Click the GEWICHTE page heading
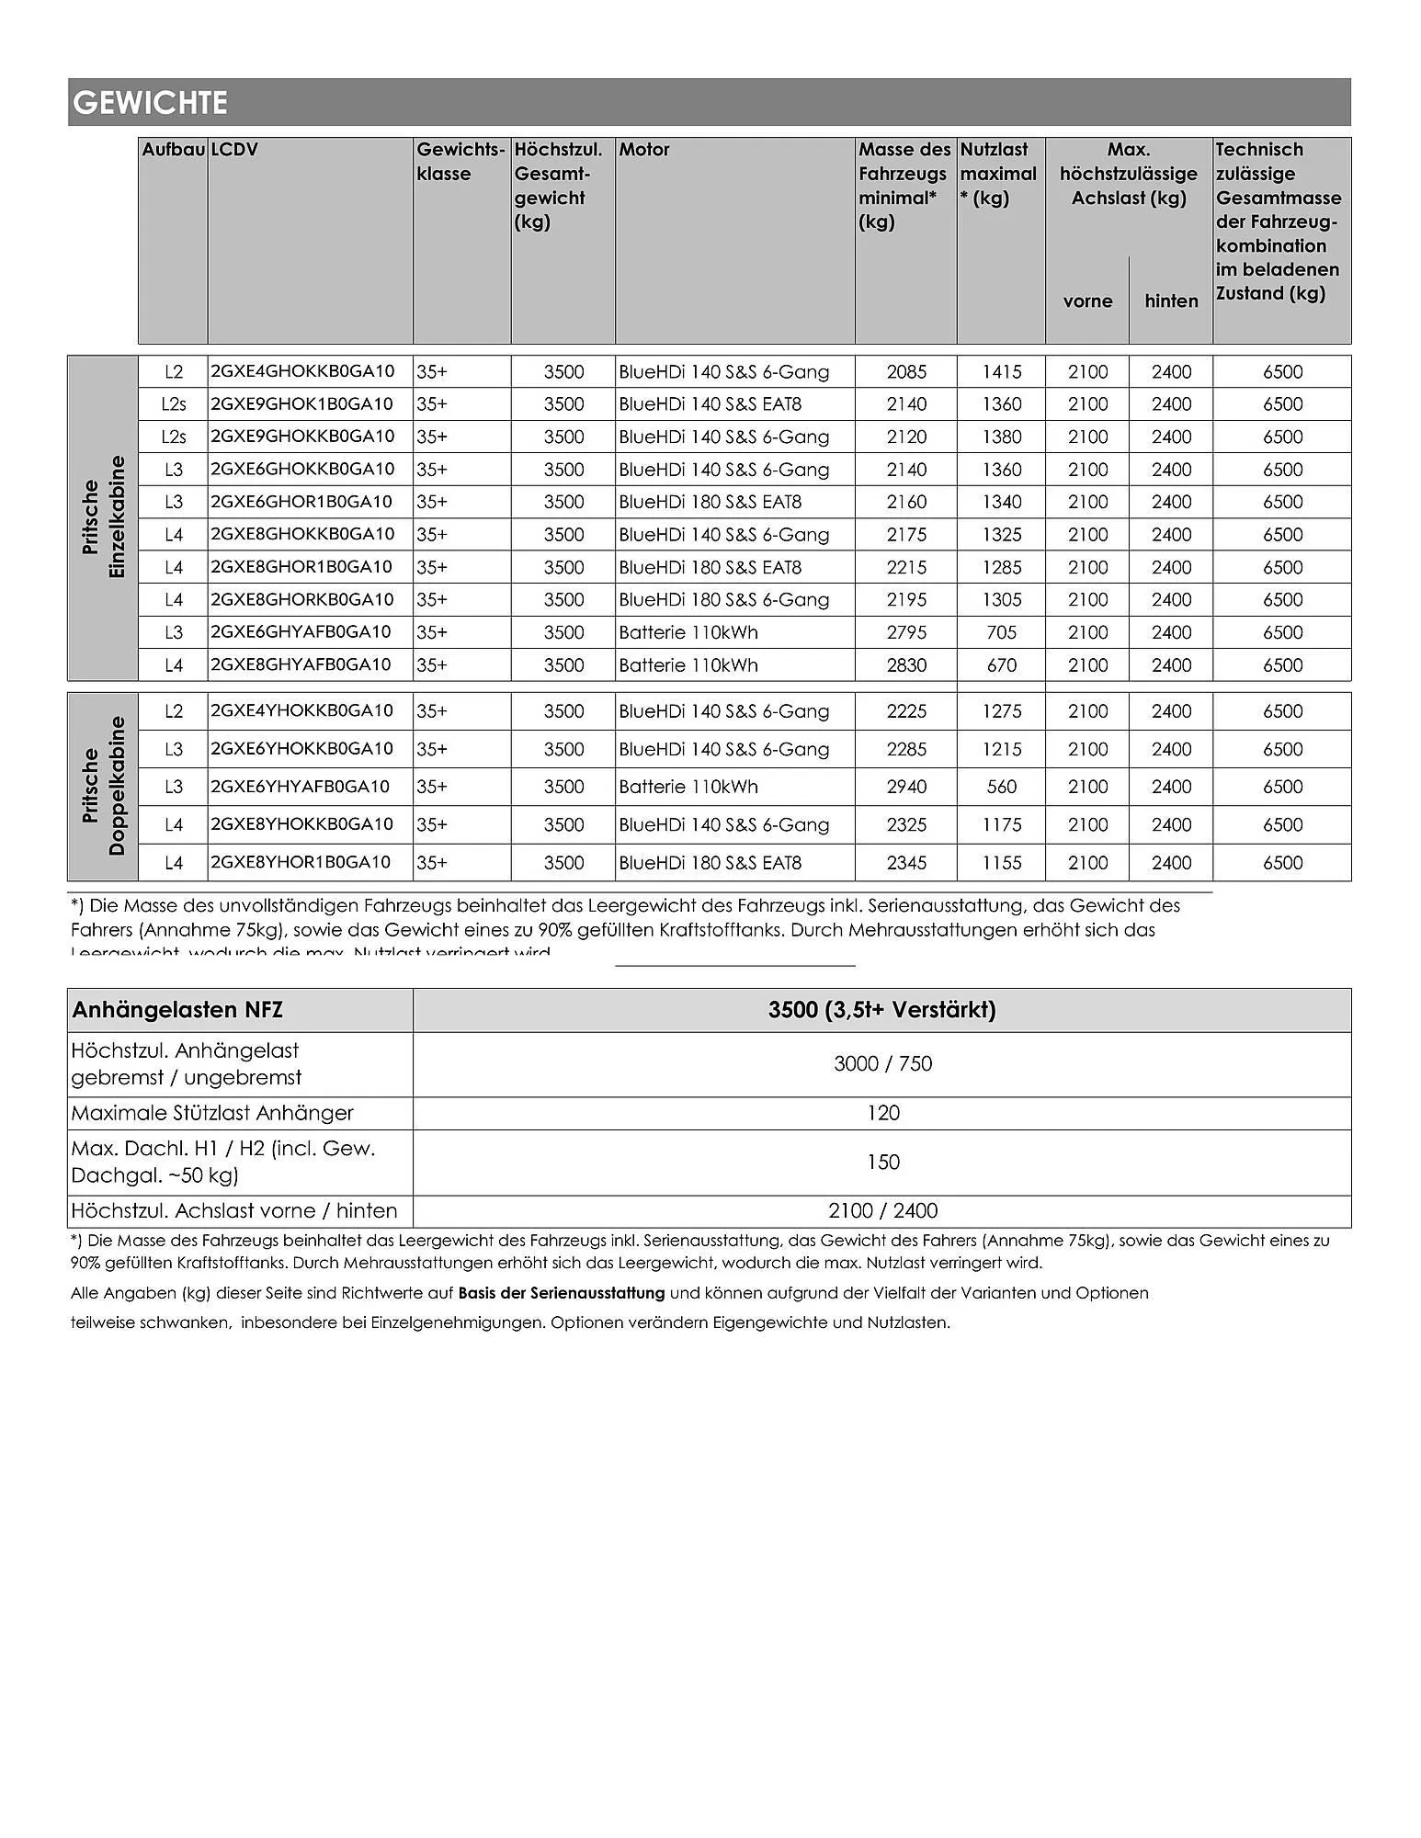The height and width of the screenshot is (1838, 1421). (150, 102)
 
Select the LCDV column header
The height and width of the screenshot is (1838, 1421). (234, 150)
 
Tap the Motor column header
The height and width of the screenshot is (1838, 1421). (644, 150)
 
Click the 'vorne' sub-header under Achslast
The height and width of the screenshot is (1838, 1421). (1087, 301)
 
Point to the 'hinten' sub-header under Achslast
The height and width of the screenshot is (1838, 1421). (1171, 301)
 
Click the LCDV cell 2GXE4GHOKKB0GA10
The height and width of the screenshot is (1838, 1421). (302, 371)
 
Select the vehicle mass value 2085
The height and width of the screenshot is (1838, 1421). (906, 372)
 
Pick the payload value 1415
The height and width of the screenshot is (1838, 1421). (1001, 372)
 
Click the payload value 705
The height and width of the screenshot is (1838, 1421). (1001, 632)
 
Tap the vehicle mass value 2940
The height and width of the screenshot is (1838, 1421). (906, 787)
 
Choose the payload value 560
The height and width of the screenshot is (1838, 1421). (1001, 787)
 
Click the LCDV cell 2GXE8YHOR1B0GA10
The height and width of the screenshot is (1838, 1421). (301, 862)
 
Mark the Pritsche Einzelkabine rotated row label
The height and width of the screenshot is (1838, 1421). (103, 517)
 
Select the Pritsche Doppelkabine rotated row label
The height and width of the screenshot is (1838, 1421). (103, 787)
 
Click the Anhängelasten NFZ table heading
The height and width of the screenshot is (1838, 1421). (177, 1011)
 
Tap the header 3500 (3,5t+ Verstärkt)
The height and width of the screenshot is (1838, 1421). (881, 1011)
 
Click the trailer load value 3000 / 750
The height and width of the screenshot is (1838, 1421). (882, 1064)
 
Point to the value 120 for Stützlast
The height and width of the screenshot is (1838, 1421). (882, 1114)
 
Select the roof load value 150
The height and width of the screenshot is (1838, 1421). (882, 1163)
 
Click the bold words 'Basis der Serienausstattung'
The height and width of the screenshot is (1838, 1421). (561, 1293)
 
